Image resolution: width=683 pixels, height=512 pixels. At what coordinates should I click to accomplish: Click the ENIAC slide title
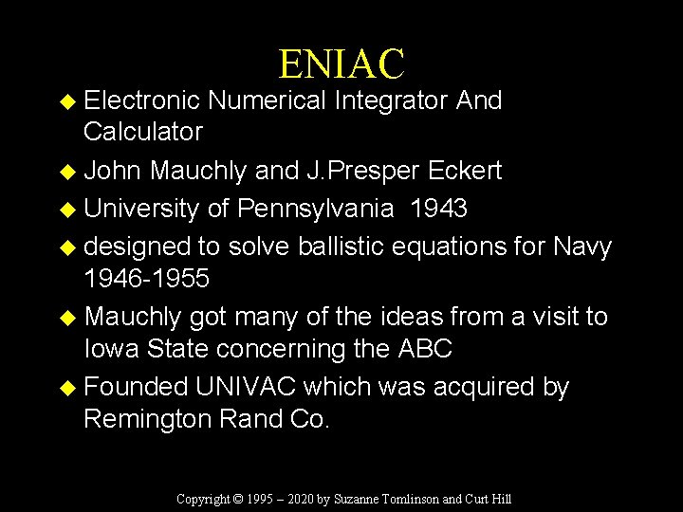pos(341,64)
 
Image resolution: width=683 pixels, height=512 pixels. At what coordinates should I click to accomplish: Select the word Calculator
pos(143,131)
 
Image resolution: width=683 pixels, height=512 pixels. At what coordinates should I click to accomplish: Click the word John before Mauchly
pos(113,171)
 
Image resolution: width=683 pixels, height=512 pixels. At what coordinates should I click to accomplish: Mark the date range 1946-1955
pos(146,280)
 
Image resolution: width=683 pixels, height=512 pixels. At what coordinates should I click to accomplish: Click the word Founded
pos(137,388)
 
